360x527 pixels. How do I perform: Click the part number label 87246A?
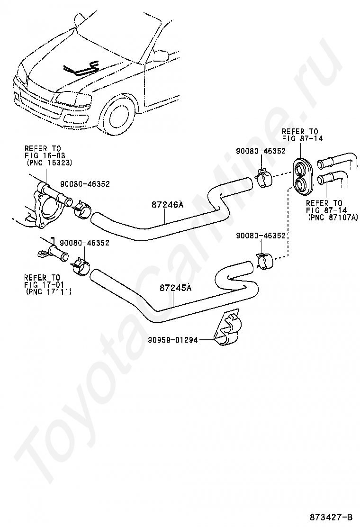pos(167,205)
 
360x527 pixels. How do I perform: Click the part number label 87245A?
pos(175,288)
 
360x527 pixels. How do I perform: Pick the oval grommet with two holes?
pos(301,176)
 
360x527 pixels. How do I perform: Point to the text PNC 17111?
pos(47,292)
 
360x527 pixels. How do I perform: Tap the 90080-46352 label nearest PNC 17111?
pos(85,243)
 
